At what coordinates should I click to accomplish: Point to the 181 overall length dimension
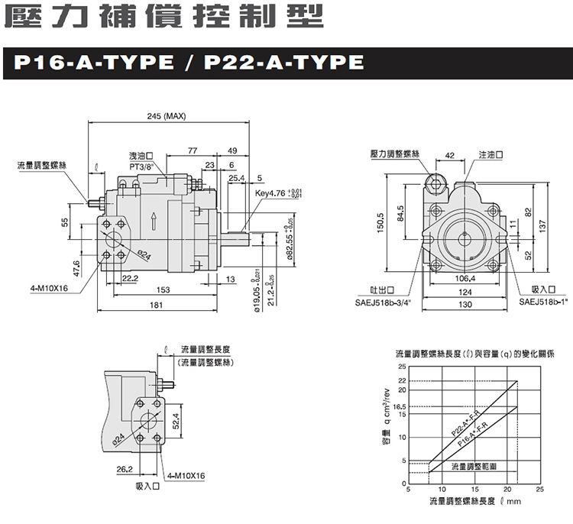coord(156,306)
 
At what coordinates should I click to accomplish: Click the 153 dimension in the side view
coord(163,289)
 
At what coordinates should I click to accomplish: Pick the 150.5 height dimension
coord(379,225)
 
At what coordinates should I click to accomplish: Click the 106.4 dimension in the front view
coord(464,278)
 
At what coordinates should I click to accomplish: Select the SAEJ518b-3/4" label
coord(382,302)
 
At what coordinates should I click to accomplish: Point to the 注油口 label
coord(491,154)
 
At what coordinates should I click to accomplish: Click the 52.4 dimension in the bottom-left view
coord(176,419)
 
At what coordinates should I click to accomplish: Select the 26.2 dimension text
coord(125,468)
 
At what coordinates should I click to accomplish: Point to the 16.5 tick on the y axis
coord(402,406)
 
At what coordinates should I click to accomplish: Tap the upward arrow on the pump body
coord(154,221)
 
